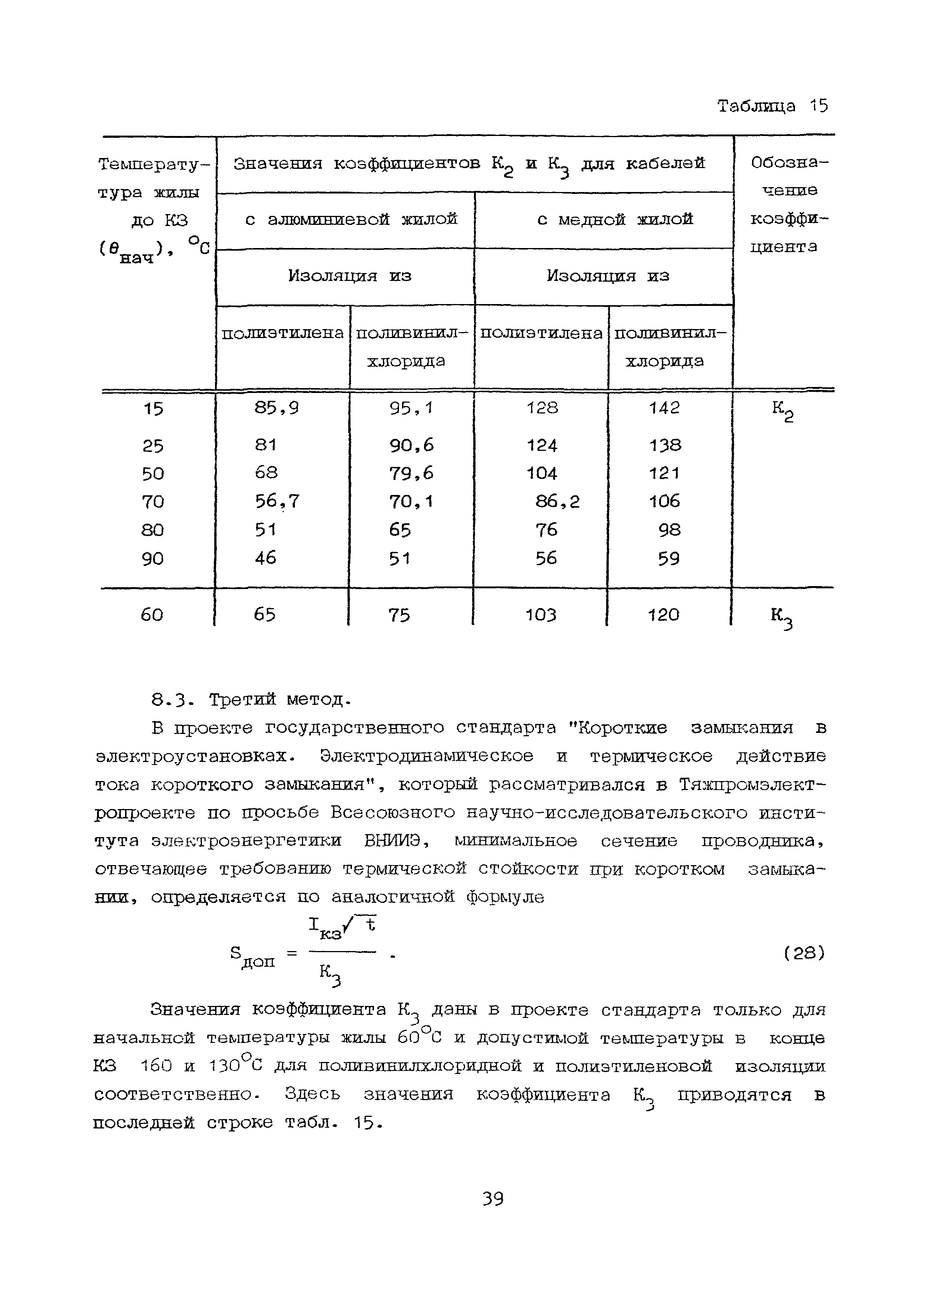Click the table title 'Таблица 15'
tap(772, 106)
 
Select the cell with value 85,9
tap(277, 408)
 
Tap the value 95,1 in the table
tap(411, 408)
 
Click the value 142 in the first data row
tap(664, 408)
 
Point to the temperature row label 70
tap(153, 502)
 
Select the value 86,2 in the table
tap(557, 502)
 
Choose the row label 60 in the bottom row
tap(152, 614)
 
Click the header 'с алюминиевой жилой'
tap(351, 219)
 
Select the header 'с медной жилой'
tap(615, 219)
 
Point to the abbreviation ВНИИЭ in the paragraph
tap(392, 841)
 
